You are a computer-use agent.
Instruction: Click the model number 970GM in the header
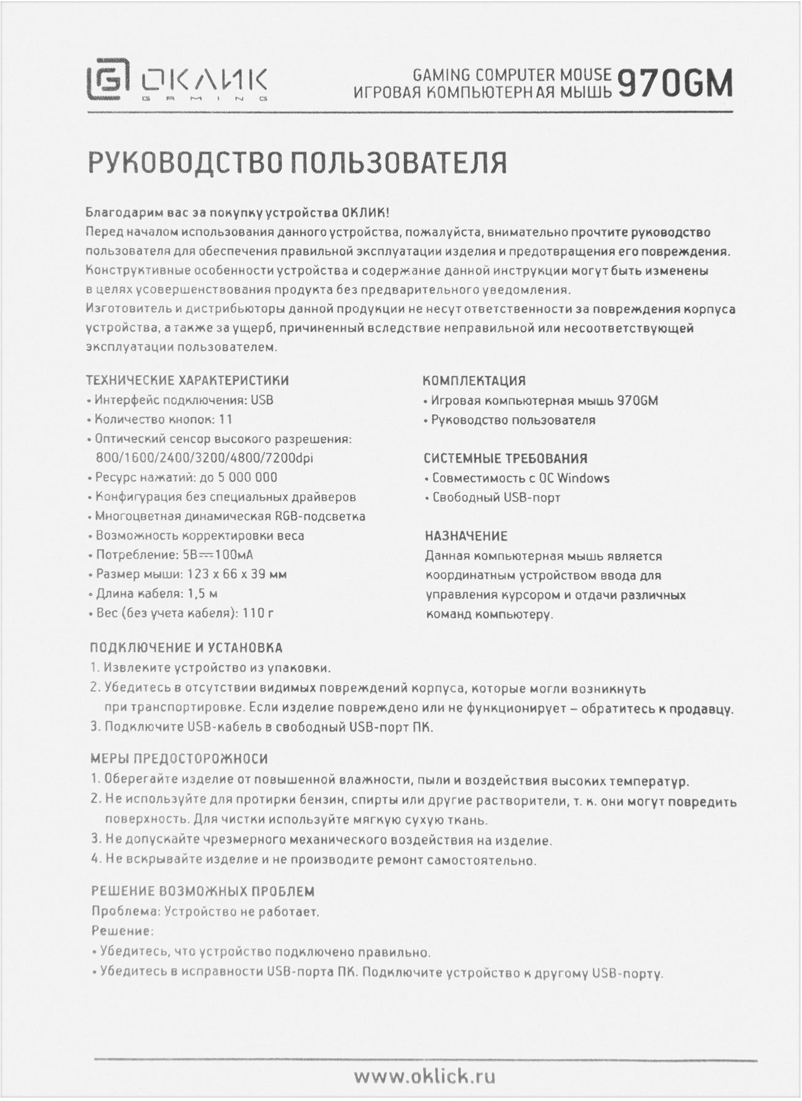[x=675, y=84]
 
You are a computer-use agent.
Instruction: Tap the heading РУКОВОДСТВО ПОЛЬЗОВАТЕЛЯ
[x=298, y=163]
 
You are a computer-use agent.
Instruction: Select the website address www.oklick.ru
[x=425, y=1075]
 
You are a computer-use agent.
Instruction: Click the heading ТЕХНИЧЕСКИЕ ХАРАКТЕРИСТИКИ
[x=188, y=380]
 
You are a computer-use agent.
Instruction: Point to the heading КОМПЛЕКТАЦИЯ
[x=474, y=381]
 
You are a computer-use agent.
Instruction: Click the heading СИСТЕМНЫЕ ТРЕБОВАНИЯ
[x=506, y=458]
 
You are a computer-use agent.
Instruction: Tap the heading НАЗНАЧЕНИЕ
[x=466, y=536]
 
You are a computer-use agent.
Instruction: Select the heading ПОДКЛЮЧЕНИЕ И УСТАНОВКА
[x=186, y=648]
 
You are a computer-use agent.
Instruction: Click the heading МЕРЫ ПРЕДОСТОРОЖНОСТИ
[x=179, y=759]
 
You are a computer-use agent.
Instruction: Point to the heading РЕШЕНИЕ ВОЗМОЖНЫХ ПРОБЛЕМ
[x=203, y=891]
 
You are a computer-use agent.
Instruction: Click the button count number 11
[x=225, y=420]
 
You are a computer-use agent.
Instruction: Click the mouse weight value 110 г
[x=258, y=613]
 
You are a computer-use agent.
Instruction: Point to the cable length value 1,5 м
[x=202, y=594]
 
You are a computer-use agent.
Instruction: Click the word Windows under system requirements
[x=583, y=478]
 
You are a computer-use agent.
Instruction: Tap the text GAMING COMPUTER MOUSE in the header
[x=512, y=75]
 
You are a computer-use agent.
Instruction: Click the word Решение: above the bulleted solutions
[x=122, y=931]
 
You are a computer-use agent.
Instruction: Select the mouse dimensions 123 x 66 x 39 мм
[x=236, y=574]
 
